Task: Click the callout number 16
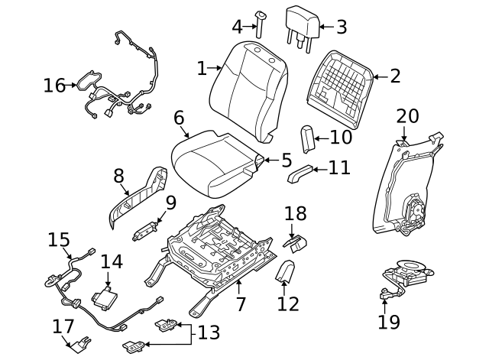[54, 85]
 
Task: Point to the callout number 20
[407, 117]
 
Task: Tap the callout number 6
[179, 118]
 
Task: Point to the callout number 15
[59, 240]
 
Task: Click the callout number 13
[209, 332]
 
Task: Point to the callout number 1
[202, 69]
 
